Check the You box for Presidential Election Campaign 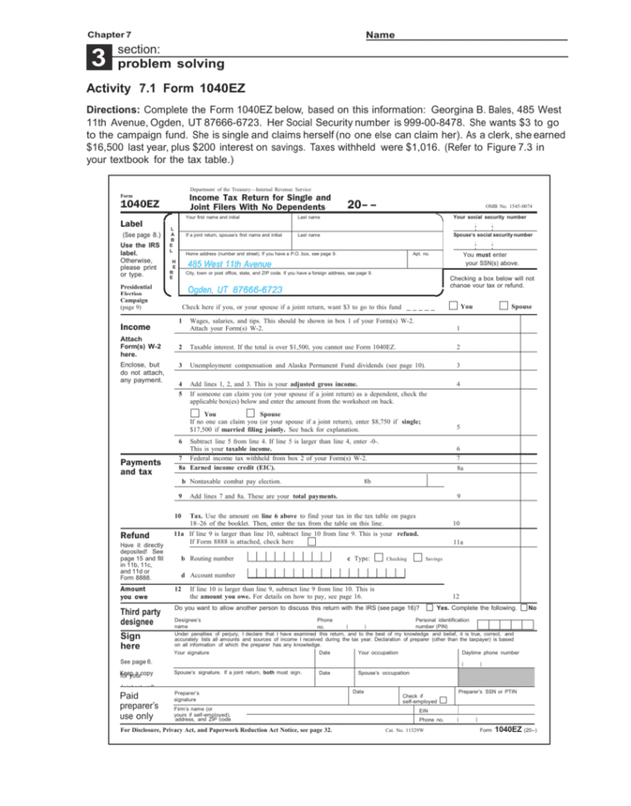click(452, 307)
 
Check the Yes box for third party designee click(429, 607)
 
